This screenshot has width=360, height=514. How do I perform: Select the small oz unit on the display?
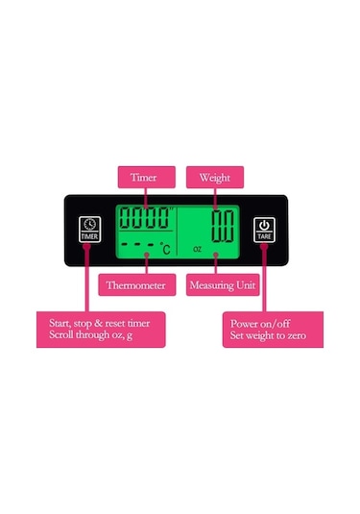coord(197,248)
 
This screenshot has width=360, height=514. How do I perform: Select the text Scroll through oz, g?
coord(92,337)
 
